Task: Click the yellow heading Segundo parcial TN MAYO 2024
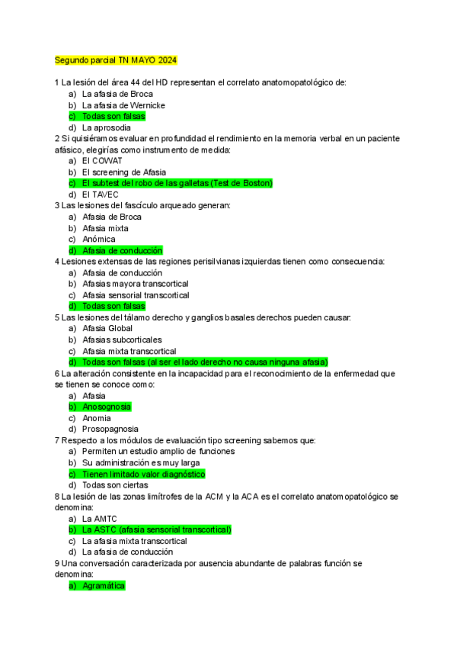[x=116, y=60]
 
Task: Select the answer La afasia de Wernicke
[x=123, y=105]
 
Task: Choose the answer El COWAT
[x=102, y=161]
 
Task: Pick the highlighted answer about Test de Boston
[x=177, y=183]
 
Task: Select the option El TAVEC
[x=100, y=195]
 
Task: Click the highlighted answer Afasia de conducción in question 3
[x=122, y=250]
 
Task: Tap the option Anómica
[x=98, y=239]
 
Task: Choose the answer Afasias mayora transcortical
[x=135, y=284]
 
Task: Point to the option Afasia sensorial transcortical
[x=136, y=295]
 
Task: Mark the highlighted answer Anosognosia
[x=107, y=407]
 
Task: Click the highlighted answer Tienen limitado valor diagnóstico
[x=143, y=474]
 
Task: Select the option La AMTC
[x=99, y=519]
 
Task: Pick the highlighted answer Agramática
[x=104, y=585]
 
